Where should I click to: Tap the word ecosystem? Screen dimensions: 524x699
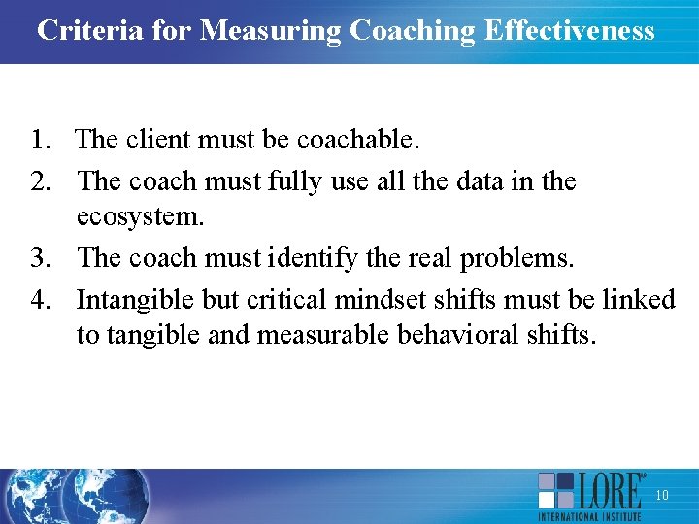(140, 217)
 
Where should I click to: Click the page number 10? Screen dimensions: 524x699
(662, 496)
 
